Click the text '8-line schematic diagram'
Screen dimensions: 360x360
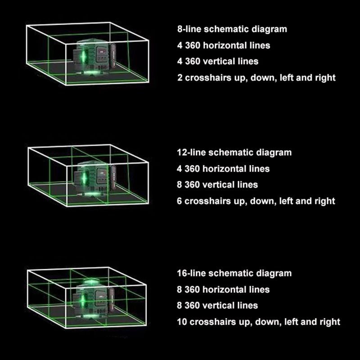click(232, 29)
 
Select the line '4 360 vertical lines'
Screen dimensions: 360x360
click(218, 61)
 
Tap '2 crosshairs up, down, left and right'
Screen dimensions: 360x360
click(256, 77)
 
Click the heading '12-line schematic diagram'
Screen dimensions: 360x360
click(234, 153)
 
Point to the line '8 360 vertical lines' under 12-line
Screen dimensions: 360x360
click(217, 184)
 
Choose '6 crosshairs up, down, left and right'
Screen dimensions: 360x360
click(256, 201)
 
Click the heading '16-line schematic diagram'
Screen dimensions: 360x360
click(234, 273)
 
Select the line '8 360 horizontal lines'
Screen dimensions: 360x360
click(223, 289)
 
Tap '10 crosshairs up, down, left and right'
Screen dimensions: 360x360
click(258, 322)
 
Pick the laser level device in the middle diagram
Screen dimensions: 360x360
click(94, 178)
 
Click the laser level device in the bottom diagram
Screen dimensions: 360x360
click(94, 298)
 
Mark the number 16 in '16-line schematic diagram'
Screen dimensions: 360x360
click(181, 273)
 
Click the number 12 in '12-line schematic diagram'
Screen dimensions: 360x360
click(181, 153)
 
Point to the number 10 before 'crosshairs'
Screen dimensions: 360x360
click(182, 322)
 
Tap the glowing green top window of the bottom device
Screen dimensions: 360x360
click(91, 282)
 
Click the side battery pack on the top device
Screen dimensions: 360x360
click(113, 55)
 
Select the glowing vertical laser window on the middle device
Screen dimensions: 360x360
click(84, 178)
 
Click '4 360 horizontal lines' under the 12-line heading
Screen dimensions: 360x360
click(223, 169)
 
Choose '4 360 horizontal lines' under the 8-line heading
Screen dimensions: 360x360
click(224, 45)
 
